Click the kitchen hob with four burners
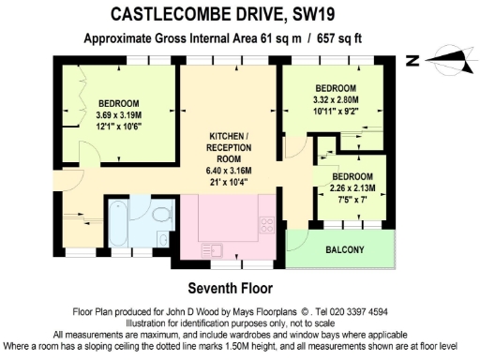tap(265, 224)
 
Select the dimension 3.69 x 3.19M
tap(119, 115)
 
